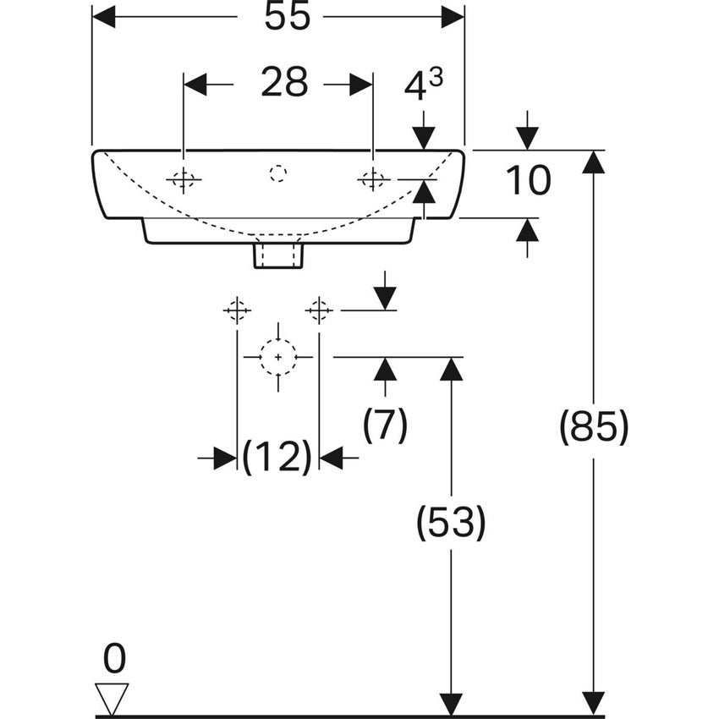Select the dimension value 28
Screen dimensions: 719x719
click(x=283, y=83)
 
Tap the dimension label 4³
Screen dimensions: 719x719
click(x=424, y=85)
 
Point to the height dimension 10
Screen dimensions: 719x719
click(x=528, y=180)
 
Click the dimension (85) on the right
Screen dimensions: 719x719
click(x=594, y=428)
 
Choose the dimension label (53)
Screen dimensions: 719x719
click(x=451, y=524)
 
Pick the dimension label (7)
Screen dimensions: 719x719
click(x=385, y=424)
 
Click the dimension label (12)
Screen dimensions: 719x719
click(x=277, y=458)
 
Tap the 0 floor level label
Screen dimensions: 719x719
click(x=113, y=657)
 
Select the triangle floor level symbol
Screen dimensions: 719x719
click(x=112, y=698)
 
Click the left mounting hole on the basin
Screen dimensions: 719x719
click(x=183, y=178)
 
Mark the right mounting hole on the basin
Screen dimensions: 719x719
click(x=372, y=178)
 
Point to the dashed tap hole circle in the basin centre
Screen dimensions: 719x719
click(x=277, y=174)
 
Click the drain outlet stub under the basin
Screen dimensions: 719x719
click(x=277, y=255)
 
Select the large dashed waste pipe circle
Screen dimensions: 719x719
click(x=277, y=357)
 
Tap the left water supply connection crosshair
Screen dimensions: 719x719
click(x=237, y=310)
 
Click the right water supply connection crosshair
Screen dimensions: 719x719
click(x=319, y=310)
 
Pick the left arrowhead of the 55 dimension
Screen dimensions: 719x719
click(x=103, y=17)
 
